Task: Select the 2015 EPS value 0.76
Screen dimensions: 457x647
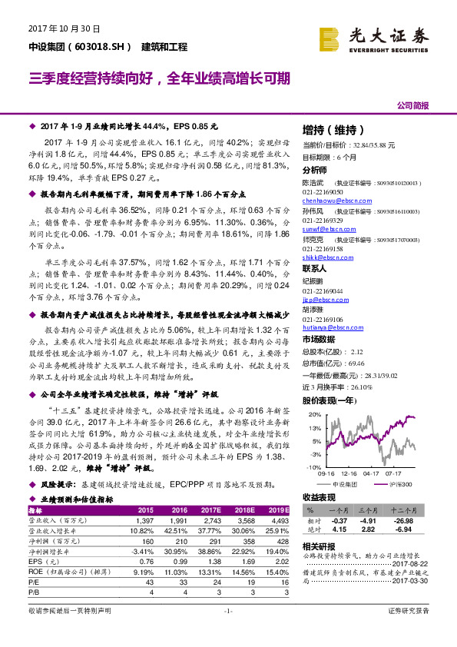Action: pos(145,562)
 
